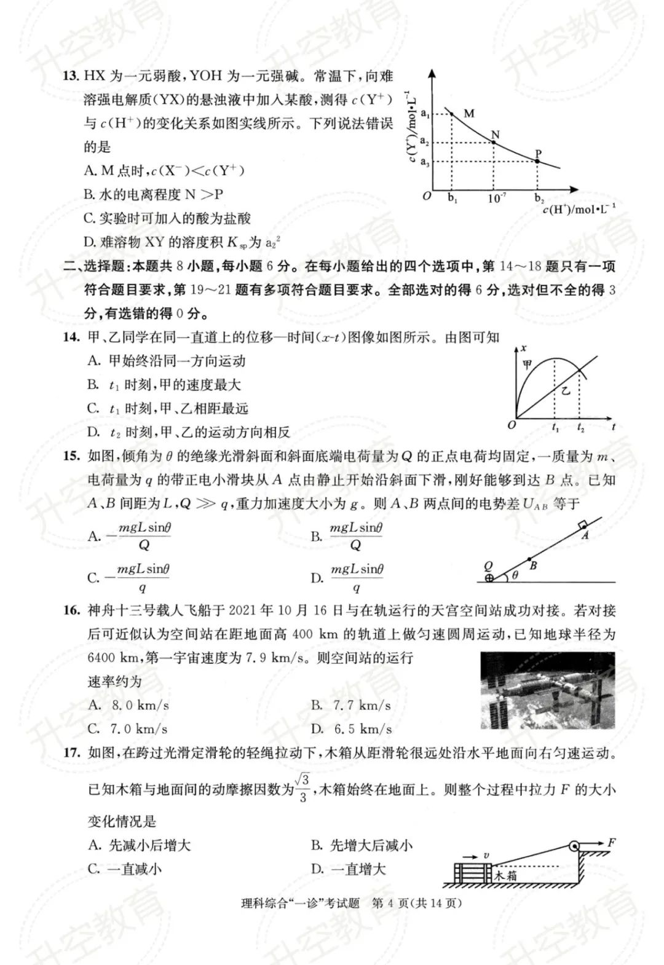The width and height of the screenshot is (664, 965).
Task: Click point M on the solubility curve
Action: coord(452,113)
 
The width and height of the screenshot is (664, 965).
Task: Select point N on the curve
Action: coord(494,143)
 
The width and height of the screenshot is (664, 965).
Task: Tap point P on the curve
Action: coord(537,161)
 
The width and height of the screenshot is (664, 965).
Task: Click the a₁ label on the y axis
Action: coord(424,113)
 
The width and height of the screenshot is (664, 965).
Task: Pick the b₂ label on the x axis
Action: coord(539,198)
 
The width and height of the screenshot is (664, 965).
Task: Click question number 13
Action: coord(71,77)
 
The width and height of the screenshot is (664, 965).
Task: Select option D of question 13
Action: coord(182,242)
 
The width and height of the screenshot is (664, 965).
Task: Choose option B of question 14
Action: coord(164,385)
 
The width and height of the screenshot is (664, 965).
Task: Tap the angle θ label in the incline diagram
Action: coord(515,575)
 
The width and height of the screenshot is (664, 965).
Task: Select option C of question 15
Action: coord(129,578)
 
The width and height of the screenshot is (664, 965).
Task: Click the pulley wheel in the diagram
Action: coord(574,847)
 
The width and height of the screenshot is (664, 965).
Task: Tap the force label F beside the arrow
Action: coord(612,842)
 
